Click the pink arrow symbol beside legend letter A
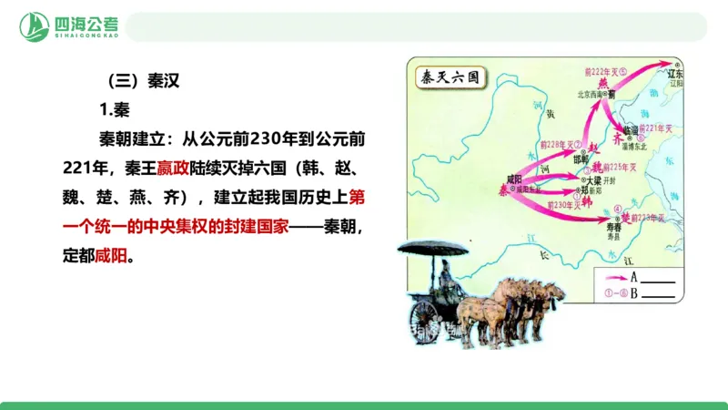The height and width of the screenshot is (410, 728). (612, 276)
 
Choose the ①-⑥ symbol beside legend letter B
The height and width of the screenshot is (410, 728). (612, 293)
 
